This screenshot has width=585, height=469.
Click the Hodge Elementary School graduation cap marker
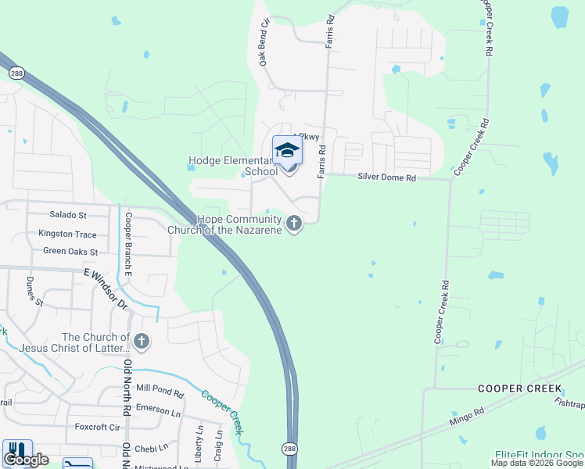click(x=287, y=150)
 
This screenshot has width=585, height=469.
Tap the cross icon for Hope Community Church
click(x=294, y=225)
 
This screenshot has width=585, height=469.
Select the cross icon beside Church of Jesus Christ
click(x=142, y=342)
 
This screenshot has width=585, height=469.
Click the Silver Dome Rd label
click(x=386, y=178)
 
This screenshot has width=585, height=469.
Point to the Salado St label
click(x=68, y=214)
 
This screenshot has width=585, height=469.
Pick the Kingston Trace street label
click(x=67, y=234)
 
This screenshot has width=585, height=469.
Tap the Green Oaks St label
click(x=70, y=252)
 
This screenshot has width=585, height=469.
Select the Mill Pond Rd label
click(x=160, y=388)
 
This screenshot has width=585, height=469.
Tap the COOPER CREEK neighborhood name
click(x=520, y=388)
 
